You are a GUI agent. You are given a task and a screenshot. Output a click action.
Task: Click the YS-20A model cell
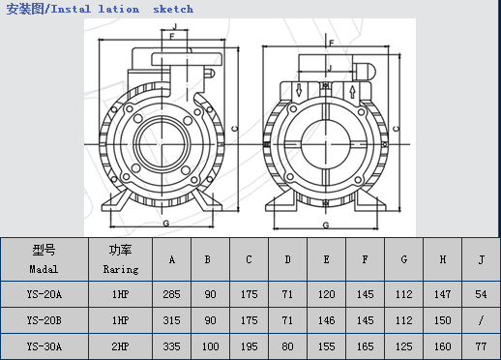point(44,294)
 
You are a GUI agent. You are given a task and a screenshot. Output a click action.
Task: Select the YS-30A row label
point(44,346)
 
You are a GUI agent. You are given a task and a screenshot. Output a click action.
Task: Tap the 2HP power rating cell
point(120,346)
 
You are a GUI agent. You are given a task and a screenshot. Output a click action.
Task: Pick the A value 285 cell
point(171,294)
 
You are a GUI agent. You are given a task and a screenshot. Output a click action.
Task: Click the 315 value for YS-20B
point(171,320)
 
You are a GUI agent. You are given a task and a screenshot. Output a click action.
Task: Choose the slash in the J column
point(481,320)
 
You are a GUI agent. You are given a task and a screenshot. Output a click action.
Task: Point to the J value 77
point(481,346)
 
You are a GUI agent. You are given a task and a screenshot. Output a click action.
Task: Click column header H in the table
point(443,259)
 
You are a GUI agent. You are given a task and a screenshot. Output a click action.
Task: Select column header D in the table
point(287,259)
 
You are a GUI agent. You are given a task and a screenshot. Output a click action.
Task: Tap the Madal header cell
point(44,259)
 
